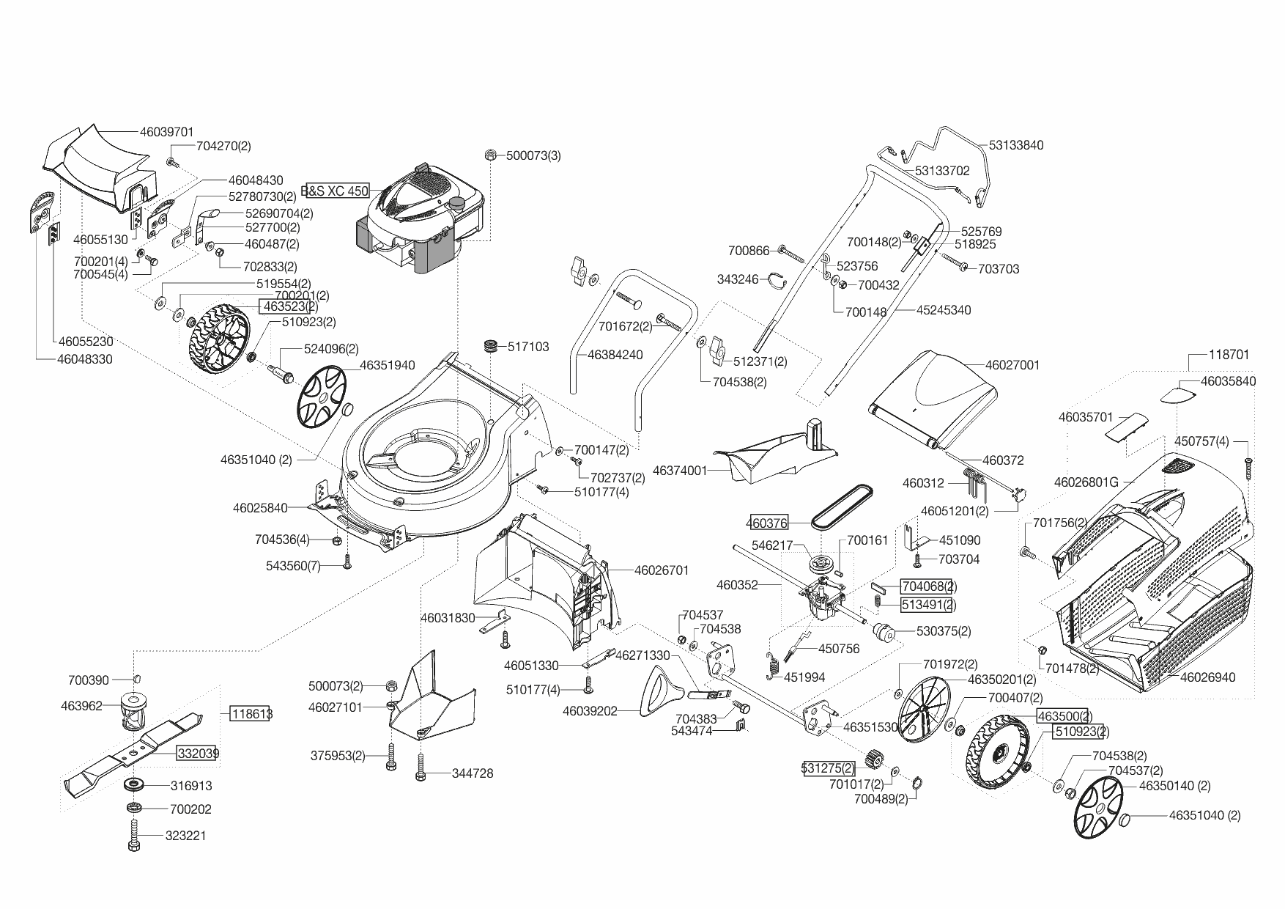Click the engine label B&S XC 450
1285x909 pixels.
336,191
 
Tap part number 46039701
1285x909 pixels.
166,132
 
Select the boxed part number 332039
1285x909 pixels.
197,753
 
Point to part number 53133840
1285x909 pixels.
1016,145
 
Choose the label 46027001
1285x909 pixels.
1012,365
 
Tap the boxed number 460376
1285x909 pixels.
767,523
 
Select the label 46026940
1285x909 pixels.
1207,677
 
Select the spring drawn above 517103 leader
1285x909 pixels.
489,345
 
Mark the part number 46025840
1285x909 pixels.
260,507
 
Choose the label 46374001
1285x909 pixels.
679,470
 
